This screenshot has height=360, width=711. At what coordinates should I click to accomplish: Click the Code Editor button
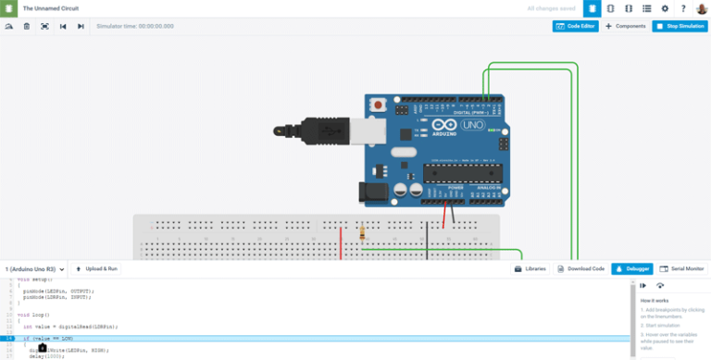pos(575,26)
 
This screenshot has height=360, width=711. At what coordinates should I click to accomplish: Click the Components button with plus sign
pos(626,26)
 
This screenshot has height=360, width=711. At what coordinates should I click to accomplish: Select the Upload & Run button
pos(96,268)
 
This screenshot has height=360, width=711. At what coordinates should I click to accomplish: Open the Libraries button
pos(530,268)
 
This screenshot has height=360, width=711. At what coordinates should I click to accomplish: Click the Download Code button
pos(581,268)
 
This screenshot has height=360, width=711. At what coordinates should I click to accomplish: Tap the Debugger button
pos(632,268)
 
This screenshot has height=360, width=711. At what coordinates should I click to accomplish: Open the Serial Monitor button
pos(681,268)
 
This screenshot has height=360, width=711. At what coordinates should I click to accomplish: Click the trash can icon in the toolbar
pos(27,26)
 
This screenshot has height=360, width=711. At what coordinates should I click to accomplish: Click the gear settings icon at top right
pos(665,8)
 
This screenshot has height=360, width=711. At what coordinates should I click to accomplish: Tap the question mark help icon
pos(683,8)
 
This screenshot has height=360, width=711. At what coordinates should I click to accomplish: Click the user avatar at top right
pos(701,8)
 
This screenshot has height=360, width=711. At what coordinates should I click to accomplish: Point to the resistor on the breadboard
pos(362,233)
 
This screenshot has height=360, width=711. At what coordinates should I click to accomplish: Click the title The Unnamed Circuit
pos(50,8)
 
